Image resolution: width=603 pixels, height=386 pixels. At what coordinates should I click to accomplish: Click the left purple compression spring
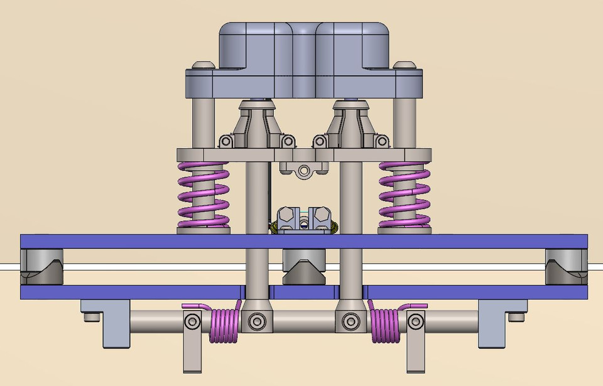[x=202, y=195]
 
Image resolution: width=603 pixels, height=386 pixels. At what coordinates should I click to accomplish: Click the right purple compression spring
[x=404, y=195]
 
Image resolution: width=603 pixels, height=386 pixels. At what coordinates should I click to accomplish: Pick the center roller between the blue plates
[x=303, y=267]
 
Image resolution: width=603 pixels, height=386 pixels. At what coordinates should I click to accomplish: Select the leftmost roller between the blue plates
[x=41, y=266]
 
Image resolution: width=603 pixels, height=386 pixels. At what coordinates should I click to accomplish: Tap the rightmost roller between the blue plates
[x=565, y=266]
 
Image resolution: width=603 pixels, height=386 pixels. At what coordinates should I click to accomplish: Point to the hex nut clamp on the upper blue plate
[x=304, y=220]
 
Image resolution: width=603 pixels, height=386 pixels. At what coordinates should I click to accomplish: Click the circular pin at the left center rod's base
[x=256, y=322]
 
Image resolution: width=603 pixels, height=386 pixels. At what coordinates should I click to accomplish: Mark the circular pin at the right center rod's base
[x=349, y=322]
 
